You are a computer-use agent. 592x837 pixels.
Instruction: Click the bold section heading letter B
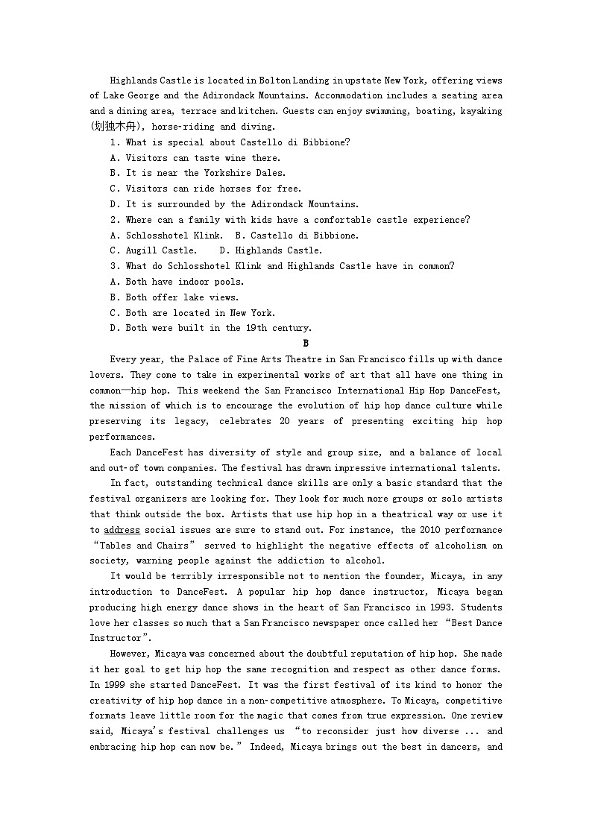[x=305, y=344]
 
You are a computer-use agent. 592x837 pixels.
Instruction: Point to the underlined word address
[x=122, y=531]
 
